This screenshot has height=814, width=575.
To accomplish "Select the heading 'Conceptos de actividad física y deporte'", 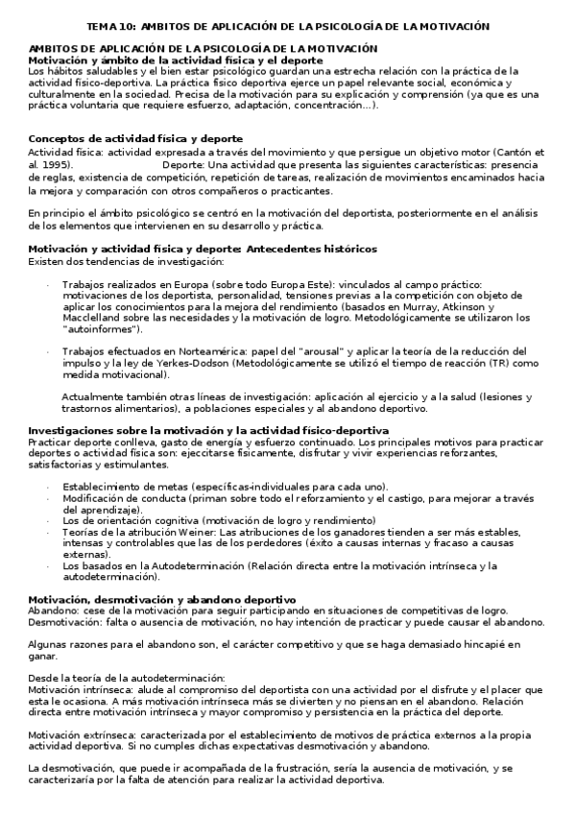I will tap(135, 139).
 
